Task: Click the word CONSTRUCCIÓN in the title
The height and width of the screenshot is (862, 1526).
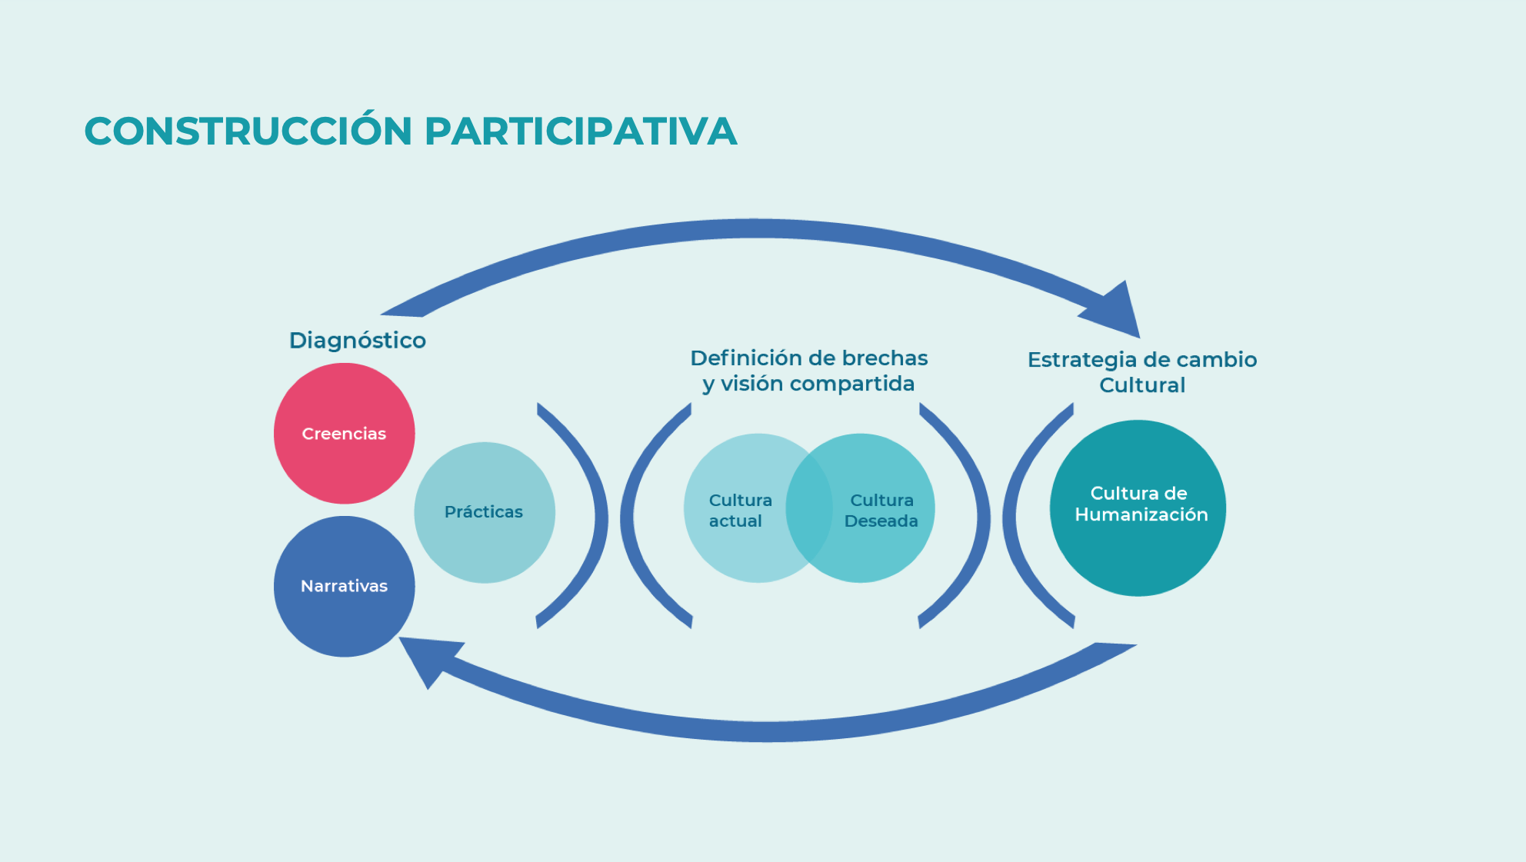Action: coord(248,131)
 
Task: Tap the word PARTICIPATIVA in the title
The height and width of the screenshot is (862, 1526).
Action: coord(581,131)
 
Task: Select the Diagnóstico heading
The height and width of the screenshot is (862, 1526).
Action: coord(358,340)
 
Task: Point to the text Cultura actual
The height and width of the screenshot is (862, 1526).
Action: coord(738,511)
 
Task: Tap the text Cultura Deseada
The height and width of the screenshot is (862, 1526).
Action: coord(881,511)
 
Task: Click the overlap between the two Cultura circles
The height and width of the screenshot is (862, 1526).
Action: coord(809,508)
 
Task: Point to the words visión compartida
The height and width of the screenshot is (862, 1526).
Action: coord(818,384)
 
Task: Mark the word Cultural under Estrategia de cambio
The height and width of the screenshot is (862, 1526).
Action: coord(1142,385)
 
